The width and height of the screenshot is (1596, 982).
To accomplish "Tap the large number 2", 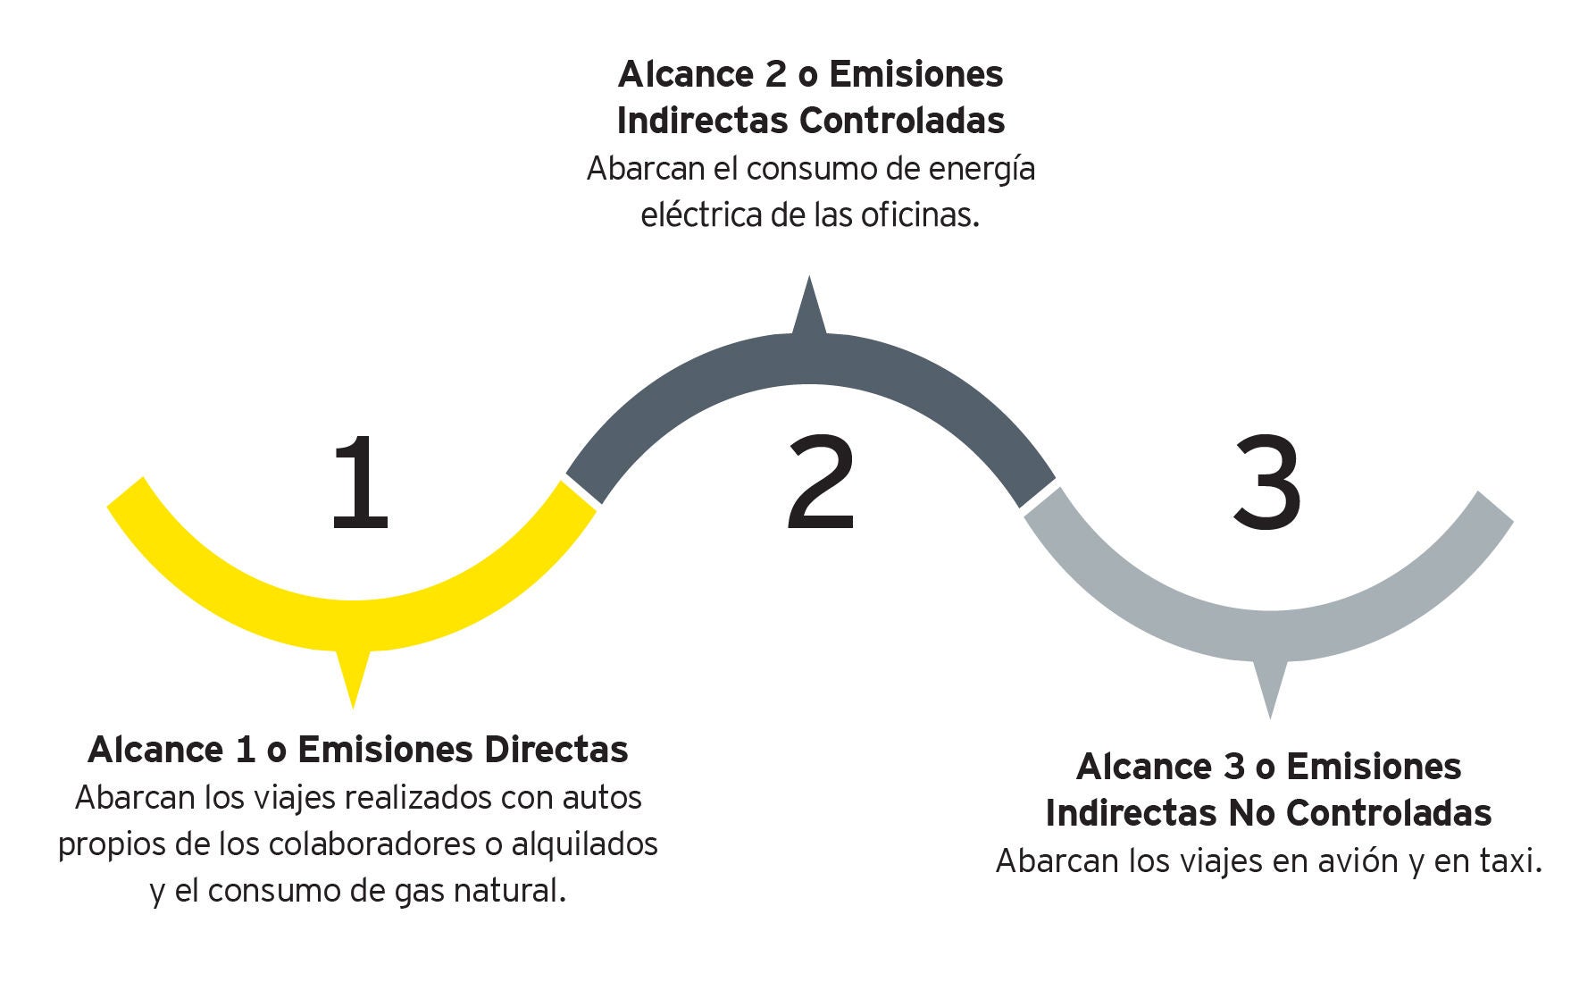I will [821, 483].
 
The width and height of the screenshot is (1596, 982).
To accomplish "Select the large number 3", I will [1267, 483].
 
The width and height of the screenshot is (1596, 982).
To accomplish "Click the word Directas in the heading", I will [556, 750].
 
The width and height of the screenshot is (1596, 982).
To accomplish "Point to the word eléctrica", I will [698, 215].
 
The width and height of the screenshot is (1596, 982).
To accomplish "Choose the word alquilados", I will [584, 844].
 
